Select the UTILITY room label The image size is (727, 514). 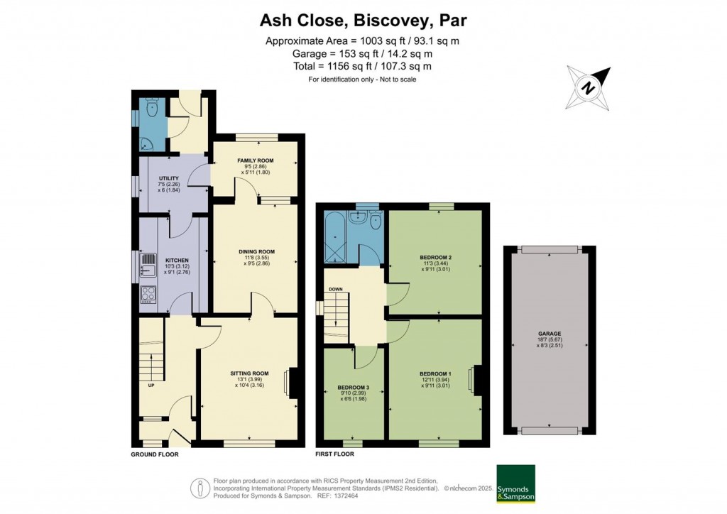coord(168,178)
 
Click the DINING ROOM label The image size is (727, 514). coord(256,252)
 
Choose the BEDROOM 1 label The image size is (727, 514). coord(434,373)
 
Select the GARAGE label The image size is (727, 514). coord(550,333)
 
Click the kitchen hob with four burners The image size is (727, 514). coord(149,293)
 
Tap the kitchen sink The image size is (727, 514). coord(148,266)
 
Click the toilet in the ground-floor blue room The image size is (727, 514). coord(151,109)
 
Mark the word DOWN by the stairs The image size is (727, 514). coord(336,289)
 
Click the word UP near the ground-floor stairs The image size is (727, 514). coord(151,385)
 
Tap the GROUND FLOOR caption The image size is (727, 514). coord(154,454)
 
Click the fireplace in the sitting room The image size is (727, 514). coord(291,383)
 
